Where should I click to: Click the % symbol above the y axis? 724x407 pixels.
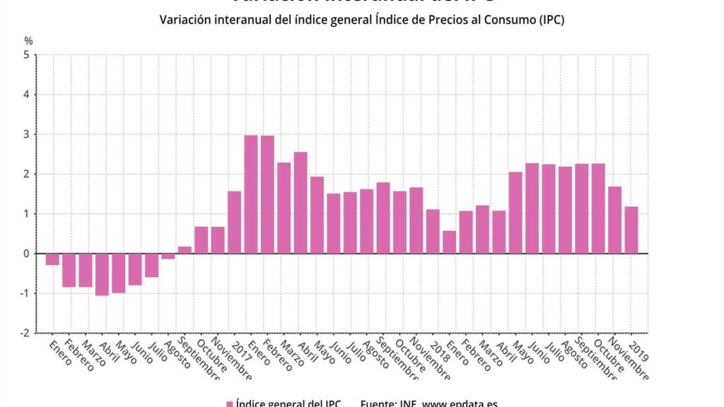pos(28,40)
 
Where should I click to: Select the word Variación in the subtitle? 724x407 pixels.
pos(185,20)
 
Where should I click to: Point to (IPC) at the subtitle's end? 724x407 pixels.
pos(550,20)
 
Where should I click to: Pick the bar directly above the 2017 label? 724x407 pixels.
pos(234,222)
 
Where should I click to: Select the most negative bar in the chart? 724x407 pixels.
pos(102,274)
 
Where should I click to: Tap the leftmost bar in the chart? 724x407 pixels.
pos(52,259)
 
